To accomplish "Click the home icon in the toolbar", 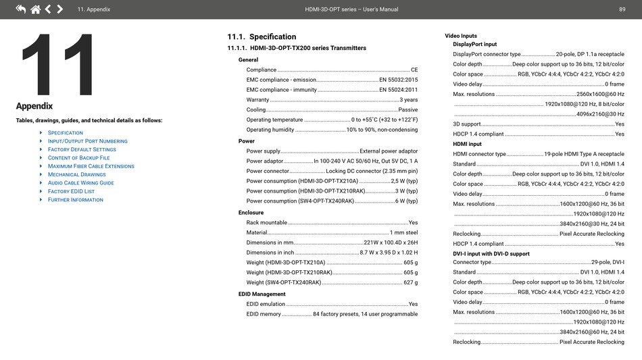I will [x=35, y=9].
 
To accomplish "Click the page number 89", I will [x=622, y=9].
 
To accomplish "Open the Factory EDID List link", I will [x=71, y=191].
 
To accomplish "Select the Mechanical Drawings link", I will [x=76, y=174].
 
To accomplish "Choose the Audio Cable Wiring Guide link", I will [x=80, y=183].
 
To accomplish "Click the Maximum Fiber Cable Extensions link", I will [x=91, y=166].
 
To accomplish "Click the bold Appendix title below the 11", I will [x=34, y=106].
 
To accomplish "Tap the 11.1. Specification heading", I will [x=262, y=37].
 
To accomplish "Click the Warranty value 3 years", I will [x=408, y=100].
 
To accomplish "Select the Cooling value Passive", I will [x=408, y=110].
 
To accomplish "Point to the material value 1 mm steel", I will [x=403, y=233].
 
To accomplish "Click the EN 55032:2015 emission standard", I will [x=398, y=80].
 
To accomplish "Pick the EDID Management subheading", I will [x=262, y=294].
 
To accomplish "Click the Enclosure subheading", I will [x=251, y=213].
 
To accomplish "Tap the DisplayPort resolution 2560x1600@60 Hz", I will [x=600, y=95].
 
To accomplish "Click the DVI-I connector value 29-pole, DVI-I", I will [x=608, y=263].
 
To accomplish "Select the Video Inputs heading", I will [x=461, y=36].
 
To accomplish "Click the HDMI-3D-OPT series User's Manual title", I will [x=351, y=9].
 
